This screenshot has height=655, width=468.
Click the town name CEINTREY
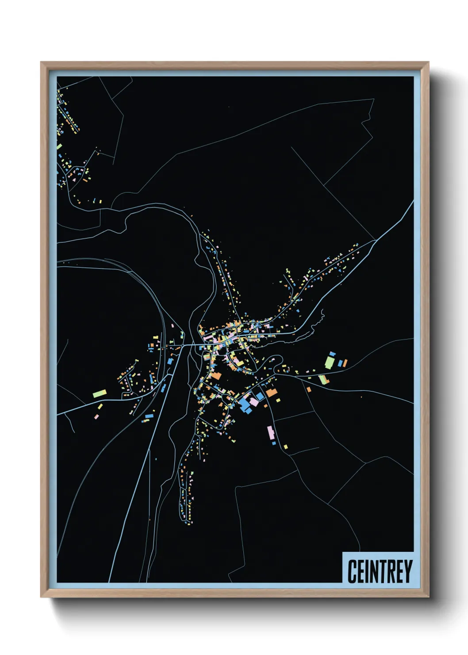click(380, 571)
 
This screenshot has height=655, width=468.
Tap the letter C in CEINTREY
click(352, 571)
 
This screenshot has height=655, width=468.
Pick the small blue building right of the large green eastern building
click(340, 363)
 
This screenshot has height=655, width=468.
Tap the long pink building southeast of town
click(270, 432)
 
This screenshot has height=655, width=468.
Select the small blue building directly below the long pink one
click(274, 443)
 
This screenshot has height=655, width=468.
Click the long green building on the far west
click(100, 393)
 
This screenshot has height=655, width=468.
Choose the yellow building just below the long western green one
click(100, 406)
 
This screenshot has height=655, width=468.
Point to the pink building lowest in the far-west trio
click(96, 416)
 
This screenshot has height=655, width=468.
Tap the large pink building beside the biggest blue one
click(254, 401)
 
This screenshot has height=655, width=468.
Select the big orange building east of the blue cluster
click(271, 393)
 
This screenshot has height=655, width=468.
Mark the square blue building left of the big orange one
click(260, 395)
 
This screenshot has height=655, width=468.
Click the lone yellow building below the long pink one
click(286, 447)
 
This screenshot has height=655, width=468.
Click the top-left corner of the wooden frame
click(41, 62)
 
